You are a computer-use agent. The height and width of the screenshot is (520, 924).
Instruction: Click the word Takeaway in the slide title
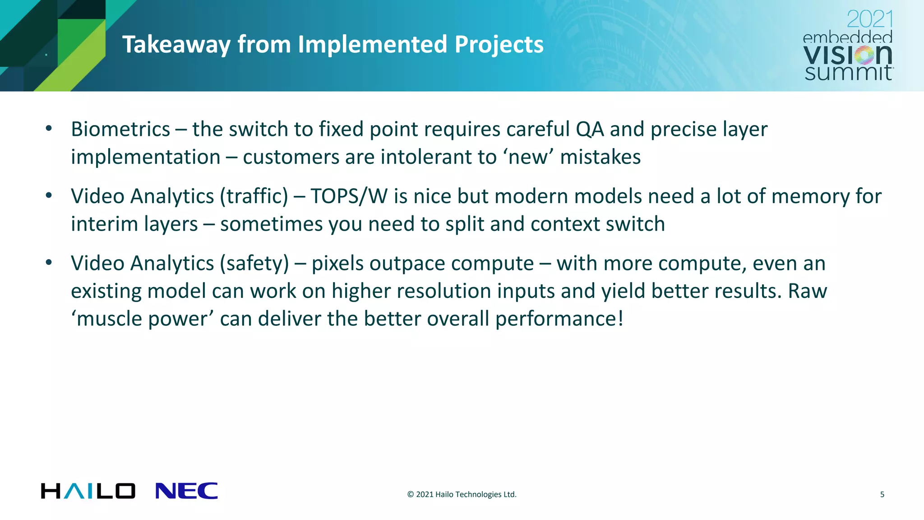pyautogui.click(x=176, y=45)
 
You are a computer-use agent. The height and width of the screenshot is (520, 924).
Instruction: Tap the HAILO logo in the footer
pyautogui.click(x=88, y=491)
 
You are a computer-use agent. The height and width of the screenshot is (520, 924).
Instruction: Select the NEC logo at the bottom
pyautogui.click(x=186, y=491)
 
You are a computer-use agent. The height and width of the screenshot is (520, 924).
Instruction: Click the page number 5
pyautogui.click(x=882, y=494)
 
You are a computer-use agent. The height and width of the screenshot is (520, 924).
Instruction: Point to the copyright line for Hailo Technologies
pyautogui.click(x=462, y=494)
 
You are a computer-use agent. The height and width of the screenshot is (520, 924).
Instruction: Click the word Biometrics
pyautogui.click(x=120, y=130)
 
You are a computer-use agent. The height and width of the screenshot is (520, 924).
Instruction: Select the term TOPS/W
pyautogui.click(x=349, y=196)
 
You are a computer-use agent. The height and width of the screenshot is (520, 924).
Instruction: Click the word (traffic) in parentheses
pyautogui.click(x=254, y=196)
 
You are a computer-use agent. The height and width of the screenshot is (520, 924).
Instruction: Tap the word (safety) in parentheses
pyautogui.click(x=254, y=264)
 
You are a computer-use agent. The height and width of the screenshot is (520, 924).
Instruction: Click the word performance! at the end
pyautogui.click(x=559, y=319)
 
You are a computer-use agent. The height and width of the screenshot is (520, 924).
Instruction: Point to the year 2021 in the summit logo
pyautogui.click(x=869, y=19)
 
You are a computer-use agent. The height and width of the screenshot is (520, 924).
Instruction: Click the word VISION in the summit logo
pyautogui.click(x=848, y=56)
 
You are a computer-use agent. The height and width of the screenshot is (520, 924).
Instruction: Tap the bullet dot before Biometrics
pyautogui.click(x=49, y=129)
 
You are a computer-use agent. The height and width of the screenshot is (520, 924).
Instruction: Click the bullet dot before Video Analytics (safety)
pyautogui.click(x=49, y=263)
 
